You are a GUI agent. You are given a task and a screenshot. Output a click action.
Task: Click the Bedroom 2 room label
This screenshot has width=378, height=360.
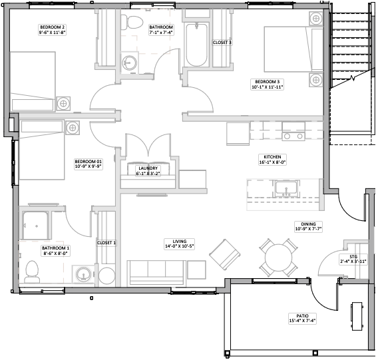click(52, 30)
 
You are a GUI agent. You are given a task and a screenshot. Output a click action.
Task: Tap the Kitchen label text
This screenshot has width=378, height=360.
click(272, 157)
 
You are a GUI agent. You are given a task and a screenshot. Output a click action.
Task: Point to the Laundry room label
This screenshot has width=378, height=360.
click(148, 171)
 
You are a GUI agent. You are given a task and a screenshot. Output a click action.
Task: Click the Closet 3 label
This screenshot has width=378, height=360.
click(222, 43)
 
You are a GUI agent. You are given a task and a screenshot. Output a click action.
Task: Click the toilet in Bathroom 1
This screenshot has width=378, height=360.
click(33, 272)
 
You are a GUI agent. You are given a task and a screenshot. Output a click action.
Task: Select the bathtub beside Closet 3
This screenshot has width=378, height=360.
click(196, 45)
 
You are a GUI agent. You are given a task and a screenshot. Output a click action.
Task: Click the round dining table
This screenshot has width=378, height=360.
click(278, 258)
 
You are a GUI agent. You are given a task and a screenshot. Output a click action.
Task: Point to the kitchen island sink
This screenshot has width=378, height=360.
click(286, 188)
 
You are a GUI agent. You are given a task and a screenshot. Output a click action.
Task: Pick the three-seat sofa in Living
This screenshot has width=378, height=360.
click(156, 273)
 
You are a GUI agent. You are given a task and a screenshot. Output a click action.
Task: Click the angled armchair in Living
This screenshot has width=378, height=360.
click(225, 255)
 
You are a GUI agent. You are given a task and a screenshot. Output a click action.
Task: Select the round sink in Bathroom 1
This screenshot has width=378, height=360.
click(83, 274)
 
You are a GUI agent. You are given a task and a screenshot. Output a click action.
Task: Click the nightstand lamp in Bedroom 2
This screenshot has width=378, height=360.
click(63, 104)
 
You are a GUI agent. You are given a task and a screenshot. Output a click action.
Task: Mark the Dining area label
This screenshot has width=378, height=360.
click(308, 226)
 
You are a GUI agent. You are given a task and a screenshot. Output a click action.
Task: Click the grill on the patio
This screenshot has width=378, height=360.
click(357, 316)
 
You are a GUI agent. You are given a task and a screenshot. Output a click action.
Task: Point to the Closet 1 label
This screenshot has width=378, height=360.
click(106, 243)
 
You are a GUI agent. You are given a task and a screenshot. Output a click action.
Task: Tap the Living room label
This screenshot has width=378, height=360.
click(180, 244)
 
